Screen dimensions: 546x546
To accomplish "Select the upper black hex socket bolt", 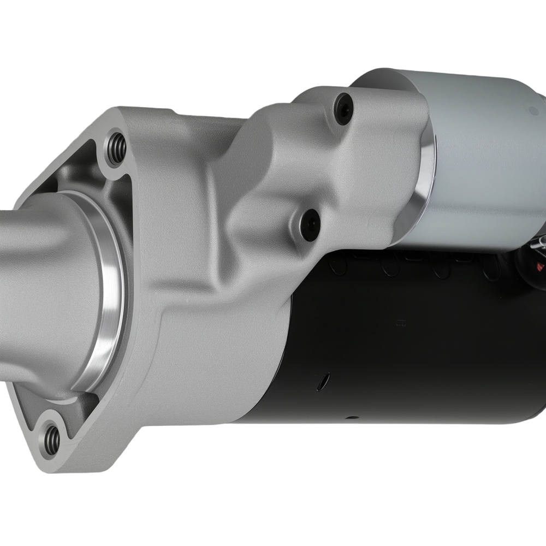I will click(x=343, y=109).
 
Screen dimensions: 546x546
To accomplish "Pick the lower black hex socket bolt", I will click(x=310, y=224).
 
